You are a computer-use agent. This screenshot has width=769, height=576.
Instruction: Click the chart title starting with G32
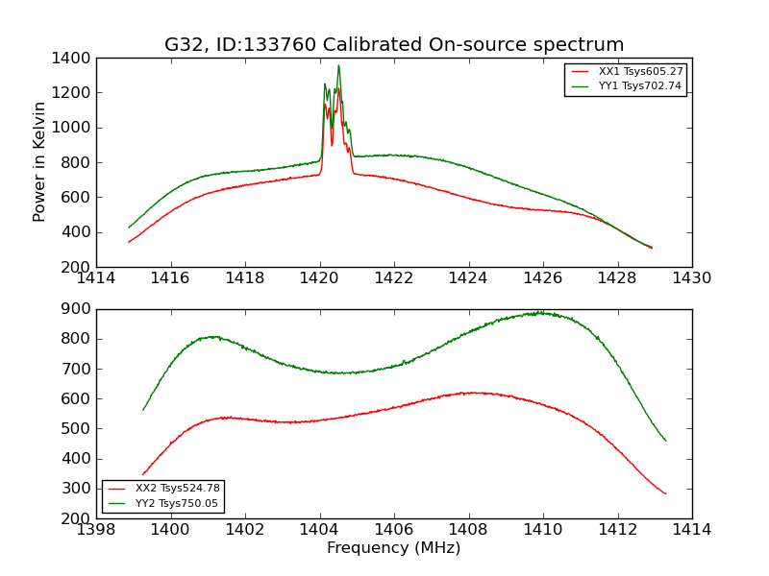[x=394, y=45]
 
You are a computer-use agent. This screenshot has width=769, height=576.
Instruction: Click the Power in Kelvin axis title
[x=40, y=161]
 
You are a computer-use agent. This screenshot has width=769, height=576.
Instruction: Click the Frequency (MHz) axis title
[x=394, y=548]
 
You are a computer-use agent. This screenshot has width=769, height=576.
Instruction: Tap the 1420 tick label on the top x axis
[x=320, y=278]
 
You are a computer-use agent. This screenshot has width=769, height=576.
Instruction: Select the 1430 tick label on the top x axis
[x=692, y=278]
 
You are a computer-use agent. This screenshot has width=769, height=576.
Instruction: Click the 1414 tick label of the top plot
[x=97, y=278]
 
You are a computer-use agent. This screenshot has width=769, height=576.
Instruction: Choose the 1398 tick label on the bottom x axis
[x=97, y=530]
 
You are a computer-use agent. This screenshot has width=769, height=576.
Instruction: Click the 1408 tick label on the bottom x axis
[x=469, y=530]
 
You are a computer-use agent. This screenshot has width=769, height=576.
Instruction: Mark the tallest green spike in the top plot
[x=338, y=65]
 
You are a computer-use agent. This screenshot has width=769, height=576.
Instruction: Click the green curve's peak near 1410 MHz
[x=540, y=313]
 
